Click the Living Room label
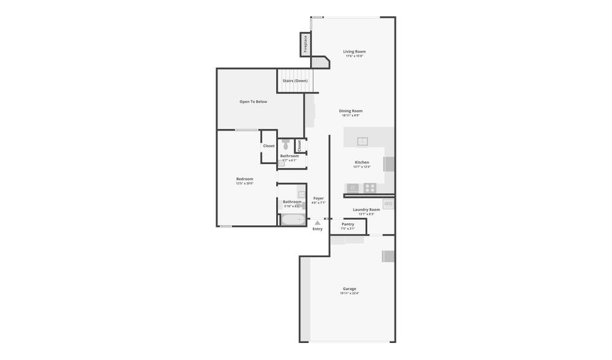354,52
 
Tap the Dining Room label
351,110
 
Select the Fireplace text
305,46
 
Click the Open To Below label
253,101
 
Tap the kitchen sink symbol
362,141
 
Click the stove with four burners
370,188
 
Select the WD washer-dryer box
388,203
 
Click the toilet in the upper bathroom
286,145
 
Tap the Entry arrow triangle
317,223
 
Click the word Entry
318,229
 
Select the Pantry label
347,224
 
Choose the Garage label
350,289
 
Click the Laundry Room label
367,210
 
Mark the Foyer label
318,198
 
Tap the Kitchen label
362,162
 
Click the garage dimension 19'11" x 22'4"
350,293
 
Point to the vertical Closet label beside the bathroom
299,146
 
